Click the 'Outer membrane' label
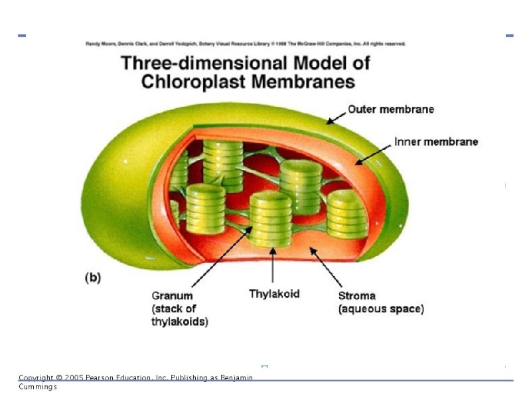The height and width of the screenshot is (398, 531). [391, 109]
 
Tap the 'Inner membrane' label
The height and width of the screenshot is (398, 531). [436, 141]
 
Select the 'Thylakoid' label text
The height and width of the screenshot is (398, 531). [274, 293]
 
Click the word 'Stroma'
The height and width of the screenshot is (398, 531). [357, 296]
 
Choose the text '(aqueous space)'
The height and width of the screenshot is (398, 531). [381, 308]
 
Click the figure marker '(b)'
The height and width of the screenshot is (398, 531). [92, 278]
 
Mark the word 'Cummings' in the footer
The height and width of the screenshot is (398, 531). [38, 386]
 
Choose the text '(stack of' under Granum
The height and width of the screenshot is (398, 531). [174, 309]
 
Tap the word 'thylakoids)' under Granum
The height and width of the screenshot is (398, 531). [179, 322]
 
